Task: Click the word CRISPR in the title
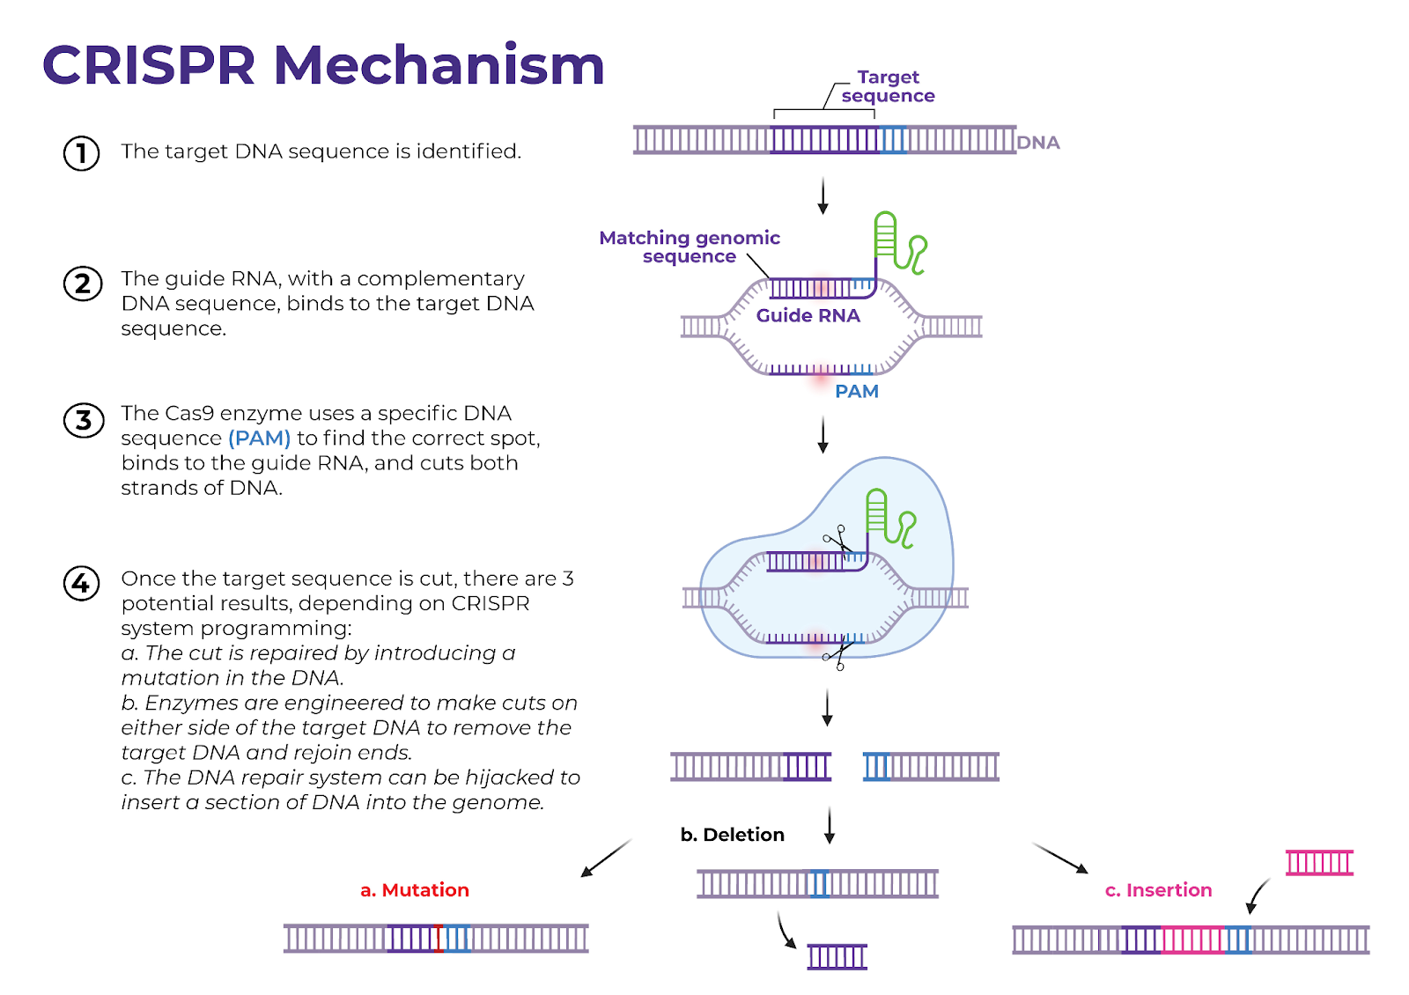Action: (149, 65)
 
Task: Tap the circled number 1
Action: (82, 153)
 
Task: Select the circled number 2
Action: (83, 284)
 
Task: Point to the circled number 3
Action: (84, 420)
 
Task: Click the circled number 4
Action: (82, 584)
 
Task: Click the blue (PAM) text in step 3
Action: (259, 438)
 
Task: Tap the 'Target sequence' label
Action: (889, 86)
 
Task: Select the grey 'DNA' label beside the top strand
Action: (1038, 143)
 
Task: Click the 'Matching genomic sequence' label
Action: (690, 247)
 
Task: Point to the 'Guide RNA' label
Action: (808, 315)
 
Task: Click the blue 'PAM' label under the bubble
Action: (857, 391)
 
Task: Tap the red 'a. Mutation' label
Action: (415, 890)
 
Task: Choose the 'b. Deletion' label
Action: (732, 835)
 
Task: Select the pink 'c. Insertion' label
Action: (1158, 890)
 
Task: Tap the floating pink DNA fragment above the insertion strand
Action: (1319, 862)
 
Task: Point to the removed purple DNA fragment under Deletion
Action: (837, 956)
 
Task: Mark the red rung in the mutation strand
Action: (439, 939)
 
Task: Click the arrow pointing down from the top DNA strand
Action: (823, 196)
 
